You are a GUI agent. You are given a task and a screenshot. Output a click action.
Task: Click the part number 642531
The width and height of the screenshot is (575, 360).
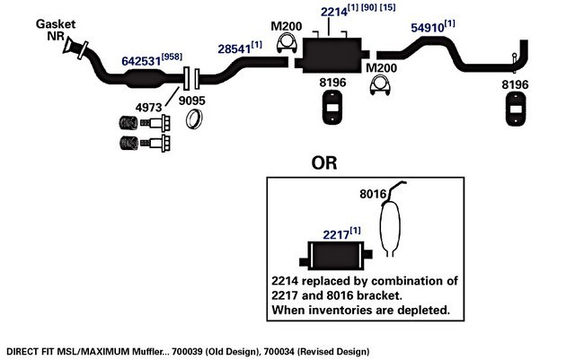pos(141,61)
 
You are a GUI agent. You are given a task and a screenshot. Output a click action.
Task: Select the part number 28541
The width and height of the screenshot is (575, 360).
pos(234,48)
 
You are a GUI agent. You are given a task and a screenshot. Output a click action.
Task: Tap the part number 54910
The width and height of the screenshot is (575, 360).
pos(428,28)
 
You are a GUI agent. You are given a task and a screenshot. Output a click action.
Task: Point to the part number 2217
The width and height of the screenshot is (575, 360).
pos(336,234)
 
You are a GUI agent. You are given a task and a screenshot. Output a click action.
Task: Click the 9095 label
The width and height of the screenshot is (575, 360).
pos(191,101)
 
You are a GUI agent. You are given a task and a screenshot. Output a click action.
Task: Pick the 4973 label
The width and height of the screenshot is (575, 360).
pos(148,108)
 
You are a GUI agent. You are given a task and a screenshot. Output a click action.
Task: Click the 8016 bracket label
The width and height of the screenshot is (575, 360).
pos(373,194)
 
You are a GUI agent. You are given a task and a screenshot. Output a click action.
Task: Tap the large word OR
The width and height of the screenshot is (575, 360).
pos(324,162)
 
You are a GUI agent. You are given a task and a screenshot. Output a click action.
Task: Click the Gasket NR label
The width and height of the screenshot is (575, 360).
pos(56,30)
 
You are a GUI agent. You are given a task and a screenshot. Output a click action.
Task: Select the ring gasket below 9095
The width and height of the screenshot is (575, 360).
pos(194,119)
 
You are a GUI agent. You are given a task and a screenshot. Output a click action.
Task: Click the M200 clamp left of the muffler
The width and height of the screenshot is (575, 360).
pos(287,43)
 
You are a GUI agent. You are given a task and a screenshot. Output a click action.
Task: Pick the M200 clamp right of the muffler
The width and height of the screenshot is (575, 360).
pos(380,85)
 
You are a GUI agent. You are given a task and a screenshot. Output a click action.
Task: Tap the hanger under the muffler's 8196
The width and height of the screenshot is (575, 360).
pos(332,108)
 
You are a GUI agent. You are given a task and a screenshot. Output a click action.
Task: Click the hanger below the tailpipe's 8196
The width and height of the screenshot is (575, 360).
pos(516,109)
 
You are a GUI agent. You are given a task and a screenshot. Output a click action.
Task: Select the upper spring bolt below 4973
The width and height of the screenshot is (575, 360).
pos(145,123)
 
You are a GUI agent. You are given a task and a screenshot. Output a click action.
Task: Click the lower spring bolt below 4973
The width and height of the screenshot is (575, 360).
pos(145,143)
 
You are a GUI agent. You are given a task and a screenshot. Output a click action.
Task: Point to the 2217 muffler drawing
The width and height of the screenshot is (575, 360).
pos(336,256)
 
